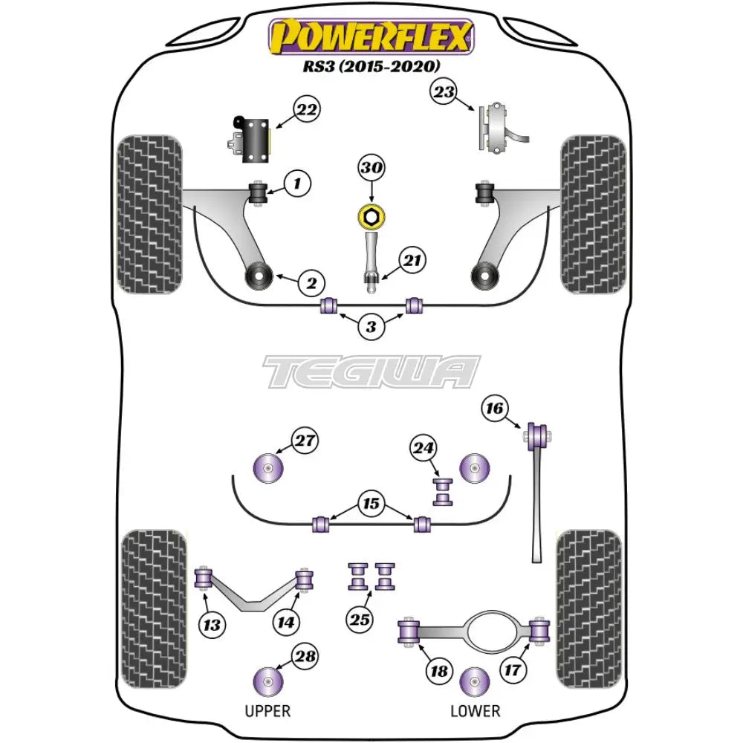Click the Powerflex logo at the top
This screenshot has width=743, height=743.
[371, 35]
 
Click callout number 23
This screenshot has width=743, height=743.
[444, 93]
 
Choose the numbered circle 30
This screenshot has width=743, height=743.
[371, 169]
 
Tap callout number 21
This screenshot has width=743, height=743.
[412, 260]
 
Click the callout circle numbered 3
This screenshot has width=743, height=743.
[371, 326]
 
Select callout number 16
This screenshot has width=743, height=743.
[494, 408]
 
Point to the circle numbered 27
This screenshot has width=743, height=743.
[303, 441]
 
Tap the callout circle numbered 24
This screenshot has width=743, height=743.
[423, 448]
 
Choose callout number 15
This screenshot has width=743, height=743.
[371, 504]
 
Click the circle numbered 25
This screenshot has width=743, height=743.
[360, 617]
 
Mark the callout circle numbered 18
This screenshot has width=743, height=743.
[438, 671]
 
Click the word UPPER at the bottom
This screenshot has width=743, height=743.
[267, 710]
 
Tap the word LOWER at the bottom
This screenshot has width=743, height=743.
[475, 710]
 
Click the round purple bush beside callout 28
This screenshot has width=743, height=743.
[269, 679]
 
